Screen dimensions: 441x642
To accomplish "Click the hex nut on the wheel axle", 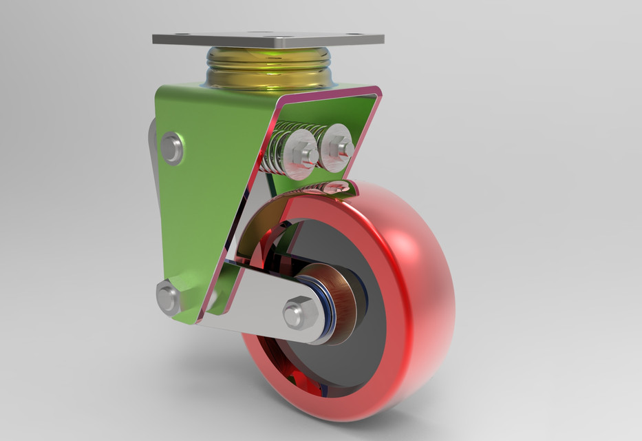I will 300,312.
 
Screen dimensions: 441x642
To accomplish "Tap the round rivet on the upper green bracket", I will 171,148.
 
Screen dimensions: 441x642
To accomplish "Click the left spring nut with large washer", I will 299,156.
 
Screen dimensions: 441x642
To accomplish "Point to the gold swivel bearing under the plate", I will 269,68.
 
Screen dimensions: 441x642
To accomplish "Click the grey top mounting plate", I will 268,38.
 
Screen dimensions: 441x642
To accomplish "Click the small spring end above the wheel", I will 337,186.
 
